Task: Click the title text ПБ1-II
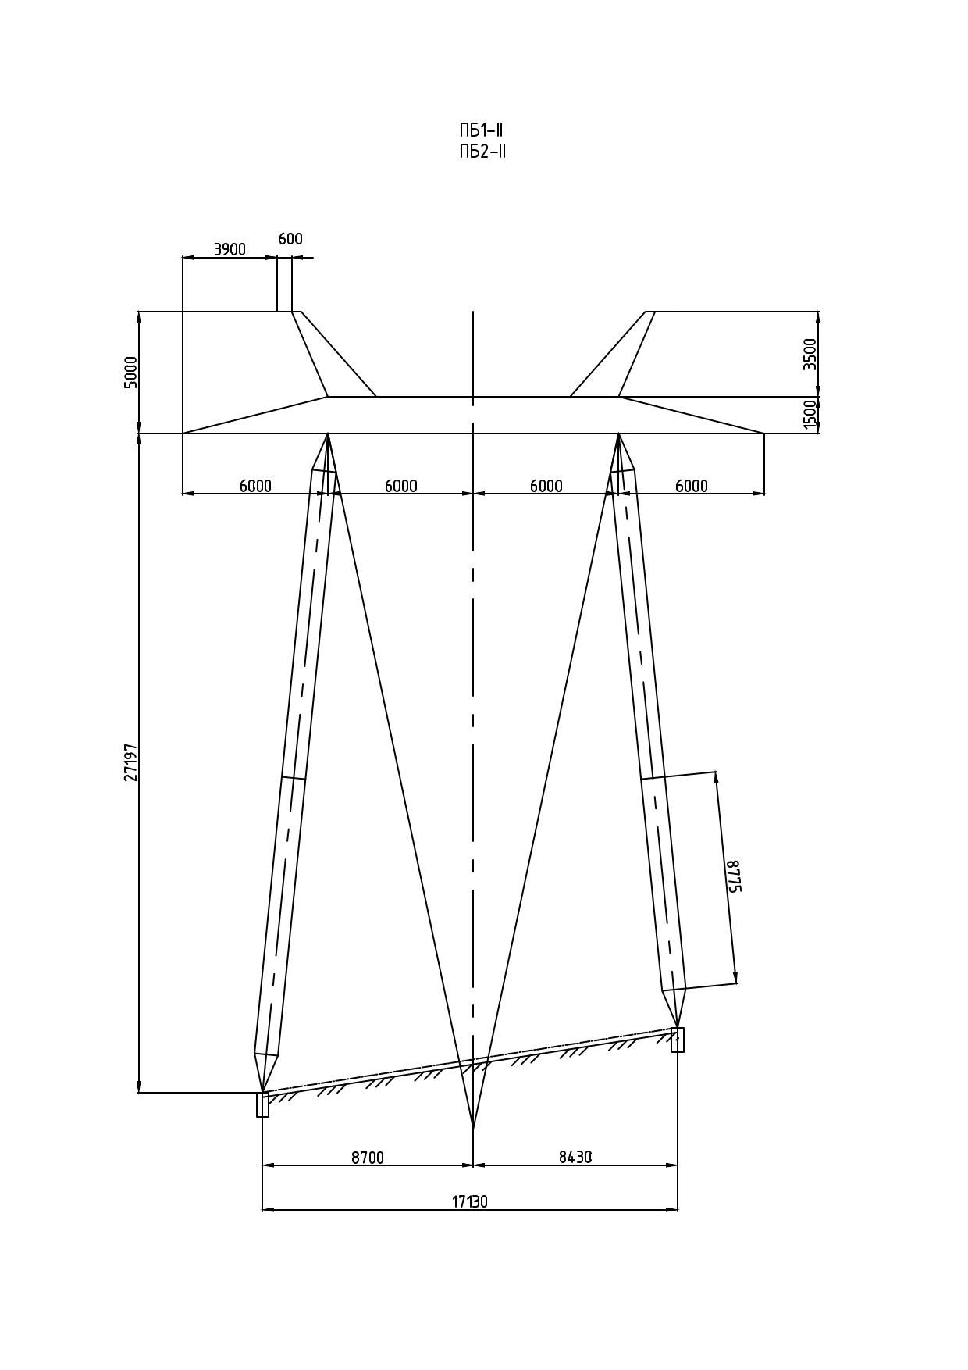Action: (481, 130)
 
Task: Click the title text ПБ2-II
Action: (482, 152)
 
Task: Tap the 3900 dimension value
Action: (230, 249)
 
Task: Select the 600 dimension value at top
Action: (290, 239)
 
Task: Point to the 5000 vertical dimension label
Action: (130, 372)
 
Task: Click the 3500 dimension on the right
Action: (810, 354)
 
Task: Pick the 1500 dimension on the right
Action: (810, 415)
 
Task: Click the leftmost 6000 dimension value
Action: (255, 486)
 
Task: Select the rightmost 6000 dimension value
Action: (692, 486)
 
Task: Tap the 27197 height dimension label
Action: (131, 762)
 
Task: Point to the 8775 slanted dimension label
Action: (733, 876)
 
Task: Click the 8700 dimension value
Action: (368, 1158)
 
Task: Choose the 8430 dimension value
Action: (575, 1158)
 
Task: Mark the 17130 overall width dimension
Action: (470, 1201)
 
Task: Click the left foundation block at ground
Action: (262, 1104)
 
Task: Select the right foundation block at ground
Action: (678, 1040)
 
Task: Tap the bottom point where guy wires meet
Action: (473, 1129)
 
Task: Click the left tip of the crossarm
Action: (183, 433)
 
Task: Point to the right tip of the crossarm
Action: (764, 433)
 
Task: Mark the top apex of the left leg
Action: (327, 433)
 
